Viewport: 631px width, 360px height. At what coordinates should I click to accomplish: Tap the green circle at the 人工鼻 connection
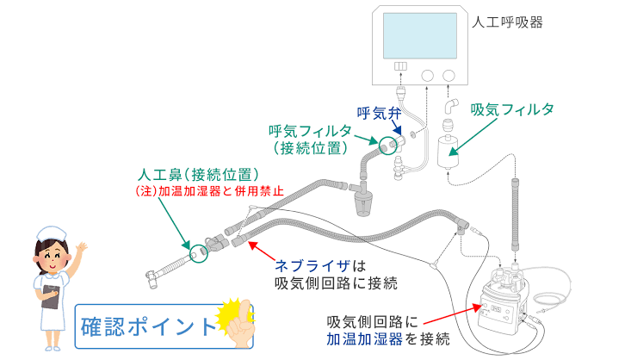coord(201,252)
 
